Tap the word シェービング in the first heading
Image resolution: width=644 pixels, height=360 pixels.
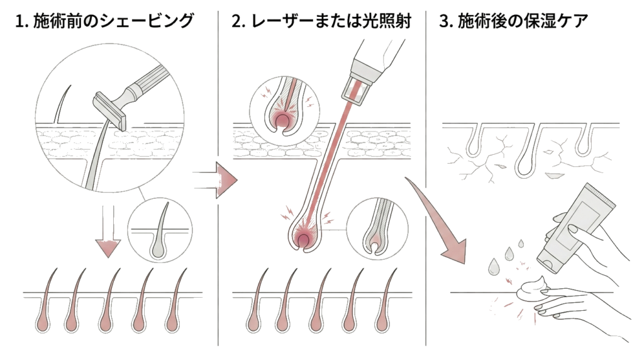[x=147, y=21]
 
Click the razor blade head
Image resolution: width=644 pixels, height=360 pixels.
[x=109, y=110]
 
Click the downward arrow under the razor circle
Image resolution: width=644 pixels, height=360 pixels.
[x=108, y=231]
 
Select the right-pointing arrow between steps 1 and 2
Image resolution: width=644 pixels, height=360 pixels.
[x=216, y=180]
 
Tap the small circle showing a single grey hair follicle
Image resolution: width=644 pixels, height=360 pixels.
[x=160, y=230]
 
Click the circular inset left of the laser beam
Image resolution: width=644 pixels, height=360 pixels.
[x=284, y=108]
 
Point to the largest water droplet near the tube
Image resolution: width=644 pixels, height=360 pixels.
[x=493, y=266]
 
